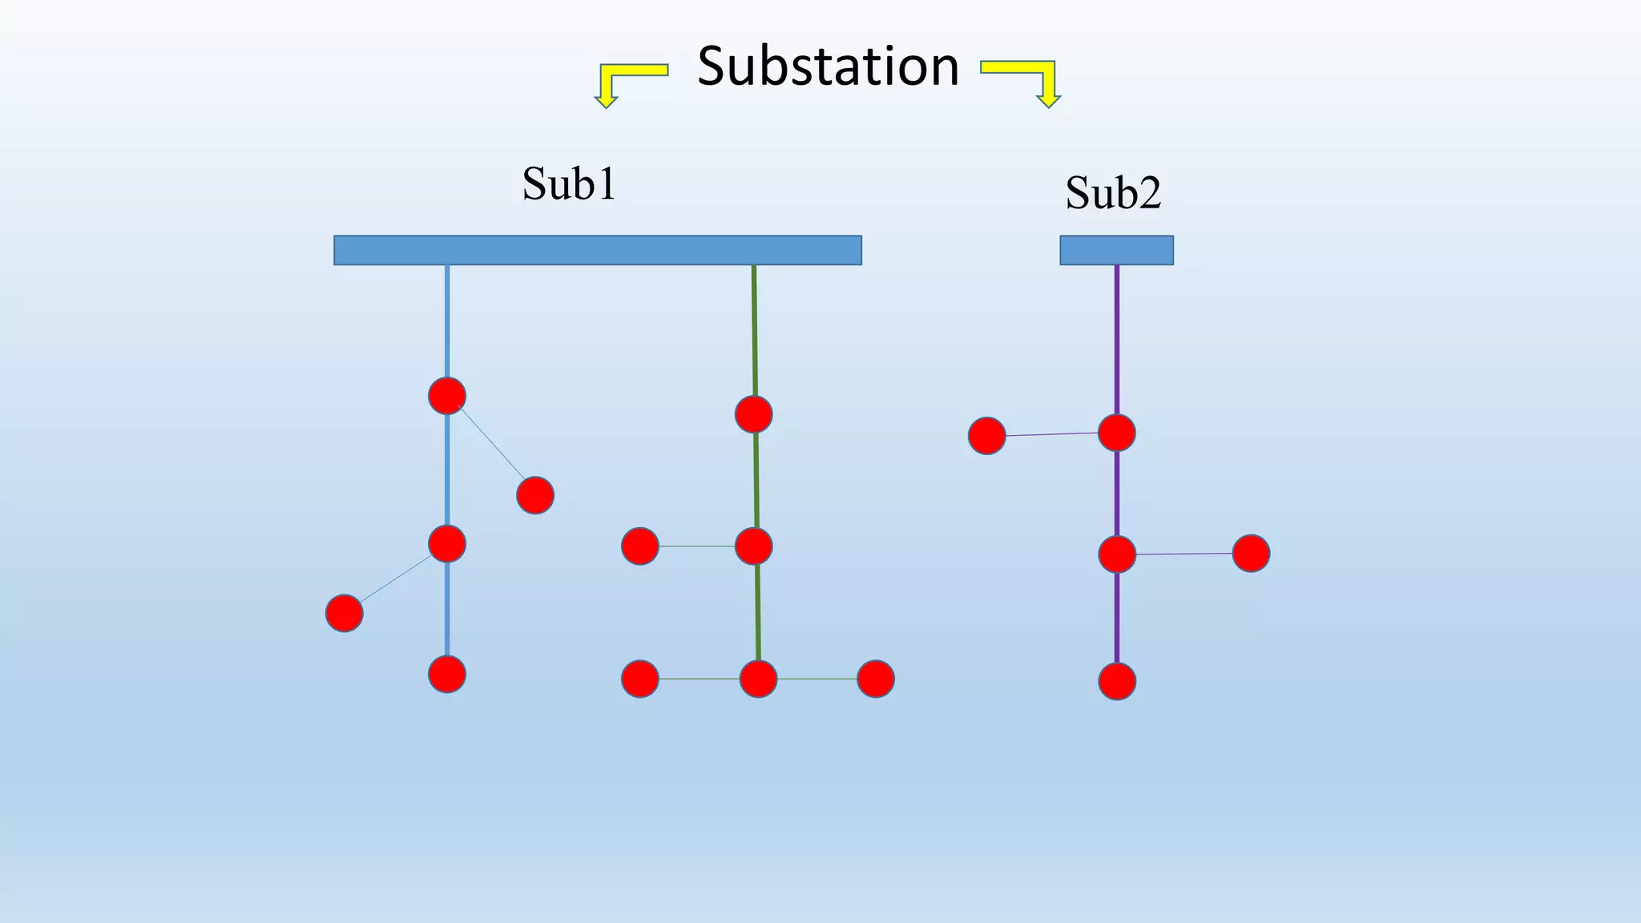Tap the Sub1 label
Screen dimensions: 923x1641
[x=569, y=183]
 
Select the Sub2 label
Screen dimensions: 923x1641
[x=1113, y=192]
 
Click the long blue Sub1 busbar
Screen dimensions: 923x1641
[x=597, y=250]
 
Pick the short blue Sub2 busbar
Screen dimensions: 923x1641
[x=1116, y=250]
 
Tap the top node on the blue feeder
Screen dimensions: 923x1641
[x=447, y=396]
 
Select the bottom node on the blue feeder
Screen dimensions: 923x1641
[x=447, y=674]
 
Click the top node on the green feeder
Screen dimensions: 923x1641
[x=753, y=414]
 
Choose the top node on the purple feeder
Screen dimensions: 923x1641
[x=1116, y=433]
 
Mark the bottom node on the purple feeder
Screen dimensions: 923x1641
[x=1116, y=682]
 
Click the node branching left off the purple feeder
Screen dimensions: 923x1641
[x=986, y=436]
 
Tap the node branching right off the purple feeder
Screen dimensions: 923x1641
[x=1251, y=553]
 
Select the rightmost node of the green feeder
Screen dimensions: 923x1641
[x=875, y=679]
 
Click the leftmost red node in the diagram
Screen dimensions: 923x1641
[x=344, y=613]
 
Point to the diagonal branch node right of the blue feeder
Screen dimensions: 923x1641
[x=535, y=495]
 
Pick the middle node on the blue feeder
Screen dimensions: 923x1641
[x=447, y=544]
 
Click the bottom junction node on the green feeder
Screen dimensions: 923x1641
[x=758, y=679]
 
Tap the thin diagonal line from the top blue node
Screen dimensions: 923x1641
[x=491, y=445]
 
